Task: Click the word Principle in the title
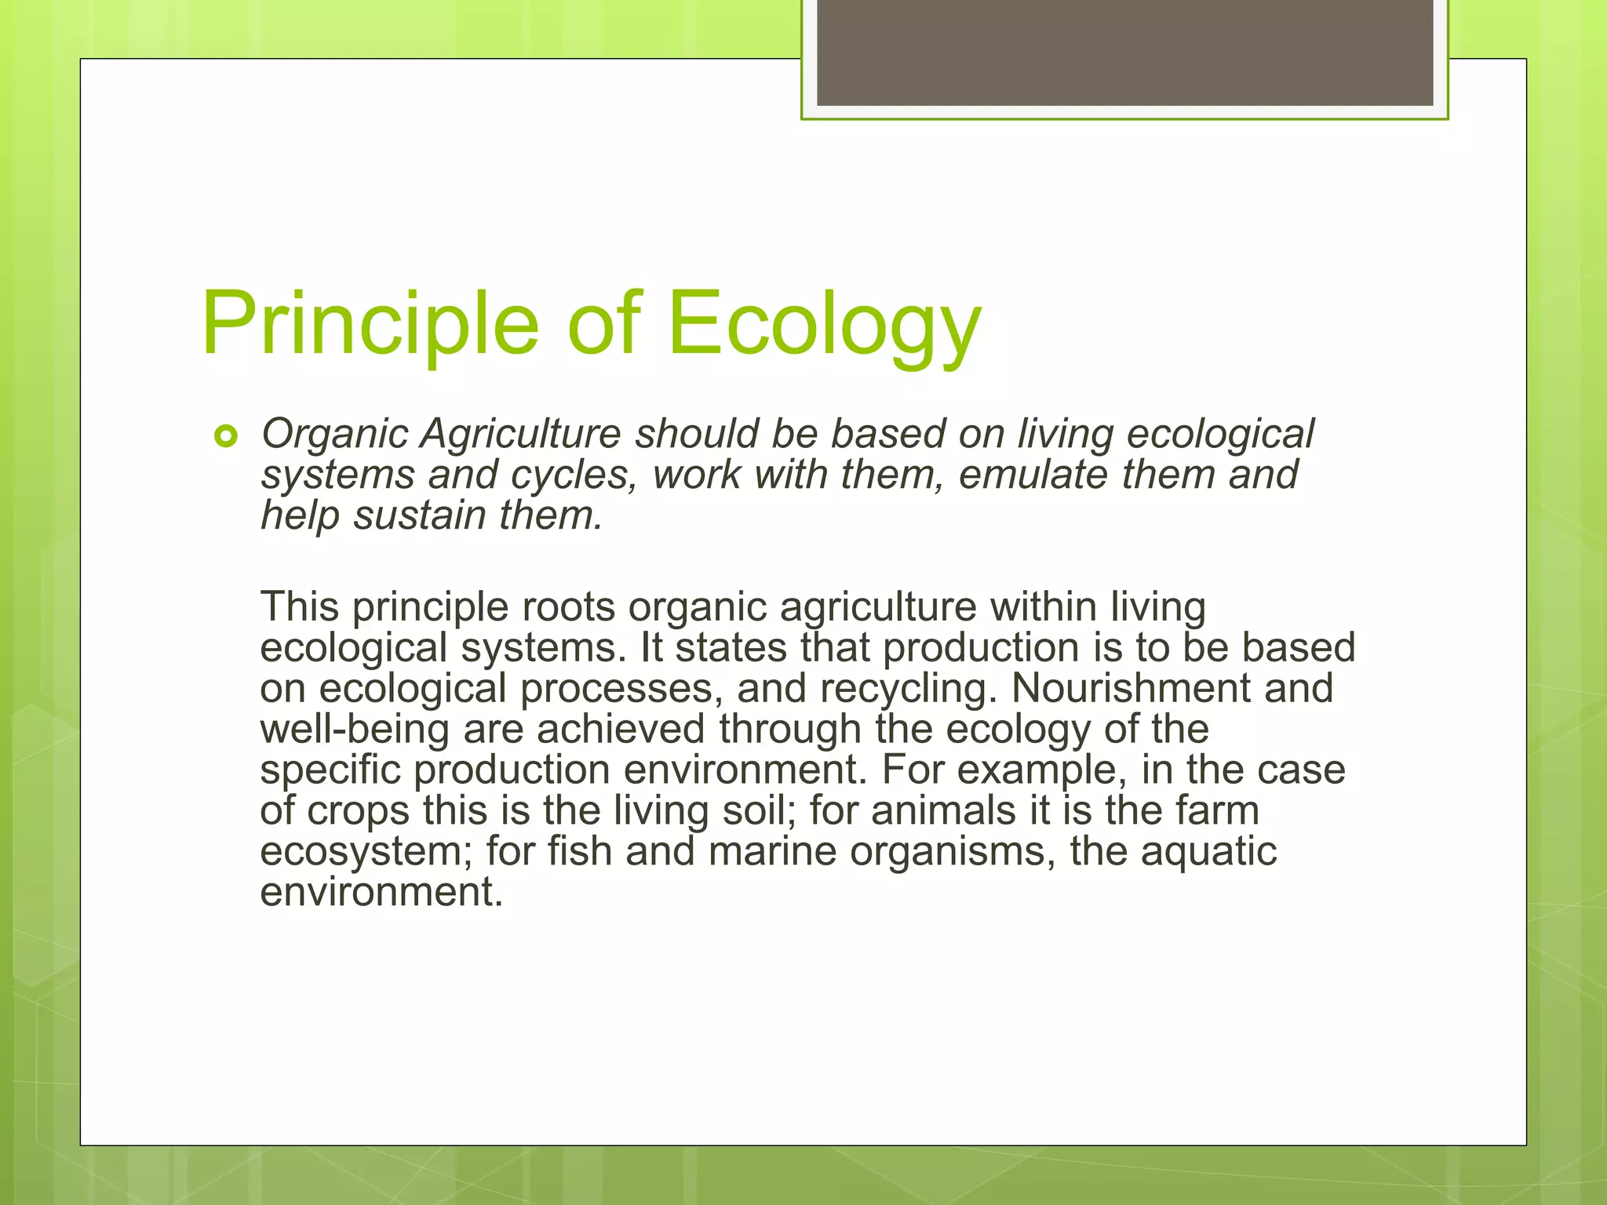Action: [x=370, y=324]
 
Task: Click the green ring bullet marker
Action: [x=225, y=436]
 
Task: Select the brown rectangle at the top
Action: [x=1124, y=53]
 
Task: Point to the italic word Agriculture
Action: [x=520, y=434]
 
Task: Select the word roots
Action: [x=568, y=607]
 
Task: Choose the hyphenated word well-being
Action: [x=355, y=729]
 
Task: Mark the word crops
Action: [x=359, y=810]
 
